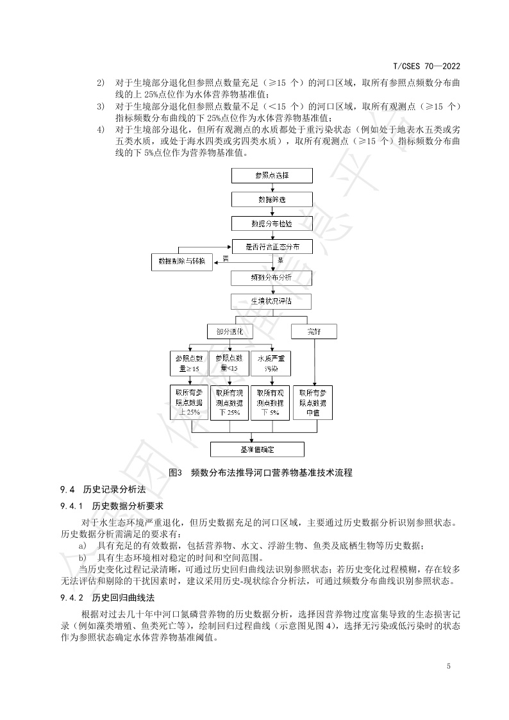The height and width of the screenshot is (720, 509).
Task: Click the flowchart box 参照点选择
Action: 272,175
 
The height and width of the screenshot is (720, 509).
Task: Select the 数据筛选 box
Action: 272,199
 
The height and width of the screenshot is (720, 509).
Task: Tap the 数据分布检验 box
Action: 272,223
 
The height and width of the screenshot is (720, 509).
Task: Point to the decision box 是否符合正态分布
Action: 272,247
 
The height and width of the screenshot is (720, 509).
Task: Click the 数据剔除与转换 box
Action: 182,262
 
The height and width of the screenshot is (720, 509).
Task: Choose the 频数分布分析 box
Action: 272,278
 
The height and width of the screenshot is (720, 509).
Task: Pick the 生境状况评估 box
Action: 272,301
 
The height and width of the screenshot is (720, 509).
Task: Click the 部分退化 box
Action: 230,331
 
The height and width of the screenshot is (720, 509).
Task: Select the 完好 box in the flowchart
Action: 313,331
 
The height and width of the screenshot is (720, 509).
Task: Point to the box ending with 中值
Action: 313,403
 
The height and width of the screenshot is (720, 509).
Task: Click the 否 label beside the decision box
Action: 225,258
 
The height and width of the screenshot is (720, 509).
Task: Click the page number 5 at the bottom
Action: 449,666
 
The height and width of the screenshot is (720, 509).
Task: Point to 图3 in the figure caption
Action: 175,473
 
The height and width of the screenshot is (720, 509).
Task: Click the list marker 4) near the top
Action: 100,130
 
